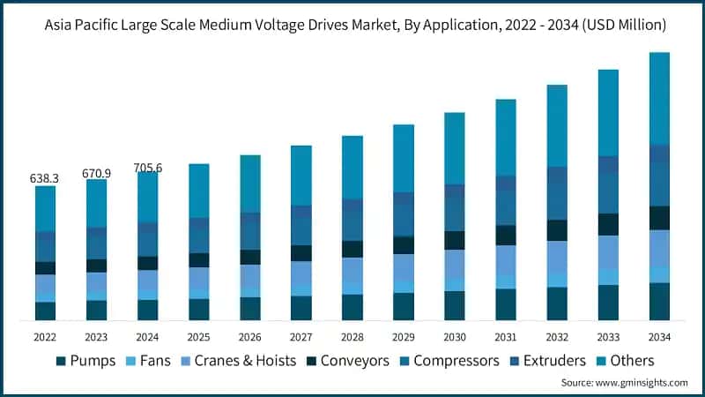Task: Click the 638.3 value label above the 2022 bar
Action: pyautogui.click(x=44, y=178)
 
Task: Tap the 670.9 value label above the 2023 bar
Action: pyautogui.click(x=96, y=173)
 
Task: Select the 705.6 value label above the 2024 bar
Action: pyautogui.click(x=147, y=168)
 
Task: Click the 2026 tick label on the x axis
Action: pyautogui.click(x=250, y=336)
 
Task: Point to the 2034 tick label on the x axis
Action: pyautogui.click(x=659, y=336)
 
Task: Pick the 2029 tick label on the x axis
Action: pyautogui.click(x=404, y=336)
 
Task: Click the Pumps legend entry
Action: pyautogui.click(x=86, y=361)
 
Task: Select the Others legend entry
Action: pyautogui.click(x=627, y=361)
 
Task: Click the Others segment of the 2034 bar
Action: pyautogui.click(x=659, y=97)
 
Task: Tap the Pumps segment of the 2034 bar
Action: pyautogui.click(x=659, y=301)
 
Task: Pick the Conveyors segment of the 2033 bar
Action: pyautogui.click(x=608, y=224)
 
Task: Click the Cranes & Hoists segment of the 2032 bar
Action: pyautogui.click(x=557, y=256)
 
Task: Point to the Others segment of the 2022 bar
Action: pyautogui.click(x=45, y=208)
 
